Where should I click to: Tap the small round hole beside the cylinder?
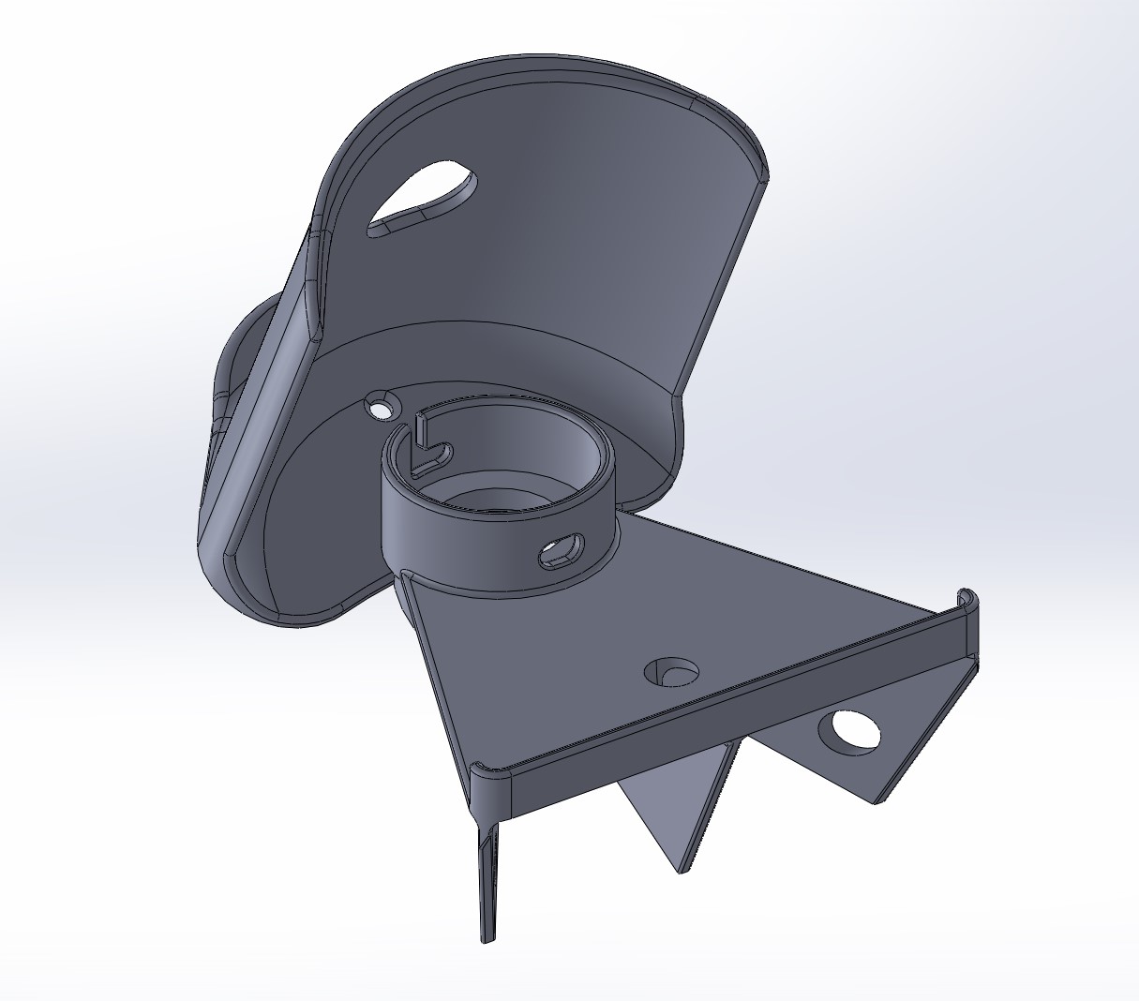(382, 408)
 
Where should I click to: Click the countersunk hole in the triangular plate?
(672, 671)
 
